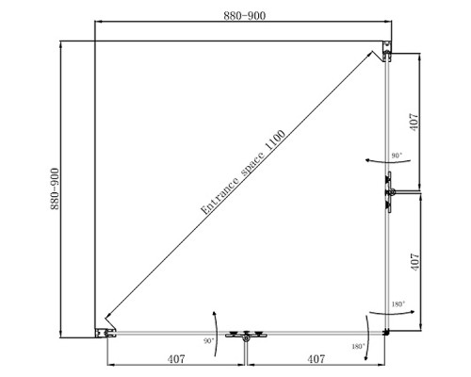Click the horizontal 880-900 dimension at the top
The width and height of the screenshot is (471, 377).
245,16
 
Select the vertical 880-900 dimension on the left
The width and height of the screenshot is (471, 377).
55,188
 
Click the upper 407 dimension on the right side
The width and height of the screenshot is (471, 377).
414,122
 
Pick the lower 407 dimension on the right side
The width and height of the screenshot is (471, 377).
414,262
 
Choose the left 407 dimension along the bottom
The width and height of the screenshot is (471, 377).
176,359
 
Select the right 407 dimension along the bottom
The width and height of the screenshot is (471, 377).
317,359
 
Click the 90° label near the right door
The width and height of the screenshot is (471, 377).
397,156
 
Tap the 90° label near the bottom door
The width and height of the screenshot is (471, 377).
208,341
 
